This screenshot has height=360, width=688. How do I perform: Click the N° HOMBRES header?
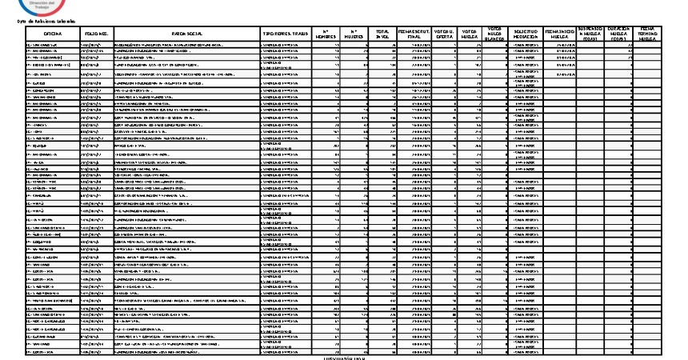pos(323,34)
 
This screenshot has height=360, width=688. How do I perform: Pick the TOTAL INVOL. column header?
pos(383,34)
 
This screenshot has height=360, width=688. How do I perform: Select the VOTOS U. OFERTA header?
pos(446,34)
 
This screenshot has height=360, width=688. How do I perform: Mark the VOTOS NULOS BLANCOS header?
pos(496,34)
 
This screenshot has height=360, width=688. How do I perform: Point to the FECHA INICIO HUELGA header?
pos(559,34)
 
